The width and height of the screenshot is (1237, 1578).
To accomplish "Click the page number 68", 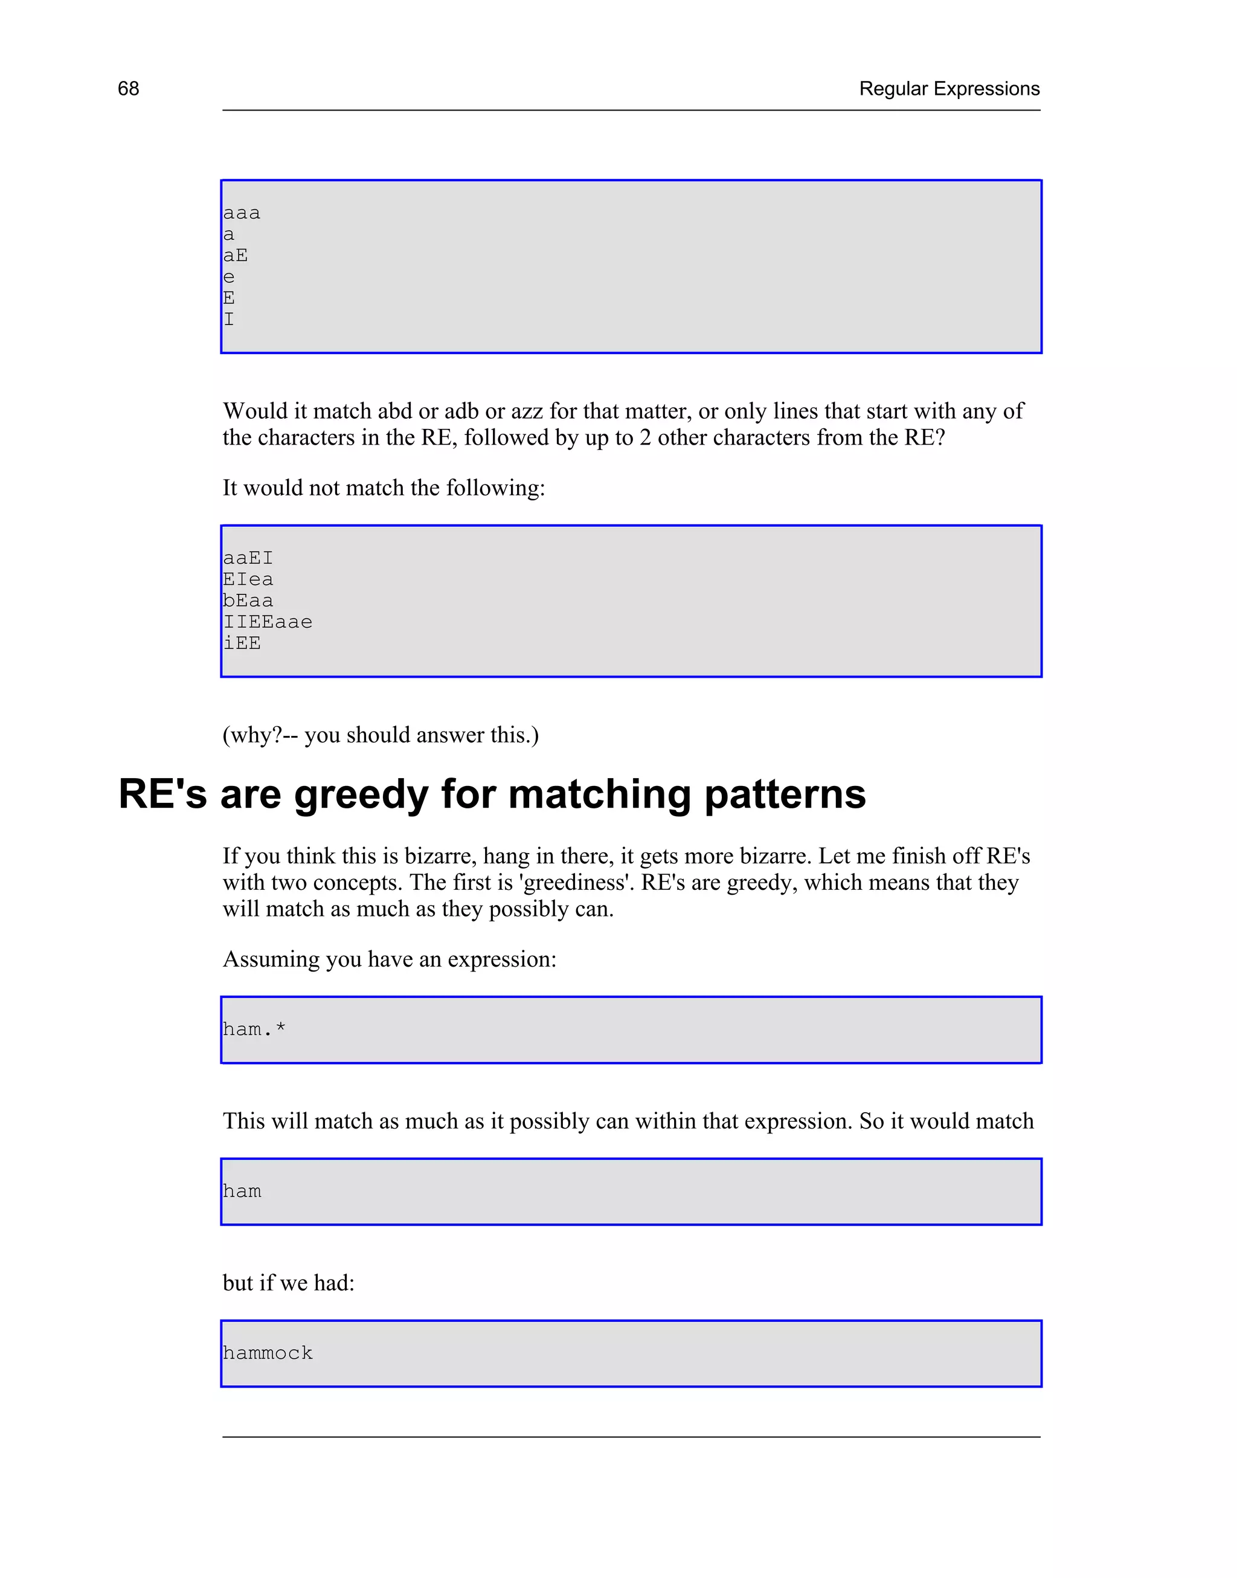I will (x=128, y=88).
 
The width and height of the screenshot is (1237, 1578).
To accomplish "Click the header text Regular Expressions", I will (x=949, y=88).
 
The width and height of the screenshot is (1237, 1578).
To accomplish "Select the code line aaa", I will (x=241, y=213).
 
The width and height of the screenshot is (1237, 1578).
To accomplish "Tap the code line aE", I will (x=236, y=256).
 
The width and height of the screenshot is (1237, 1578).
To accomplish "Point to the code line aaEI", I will (x=248, y=558).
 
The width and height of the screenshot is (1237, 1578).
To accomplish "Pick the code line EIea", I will (x=248, y=579).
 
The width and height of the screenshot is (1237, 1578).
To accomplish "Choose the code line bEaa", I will (x=248, y=601).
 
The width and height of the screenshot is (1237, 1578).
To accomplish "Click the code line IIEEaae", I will (x=267, y=622).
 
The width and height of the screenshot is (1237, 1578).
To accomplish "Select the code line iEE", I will (x=241, y=643).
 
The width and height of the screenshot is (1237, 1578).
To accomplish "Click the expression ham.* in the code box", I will (x=254, y=1029).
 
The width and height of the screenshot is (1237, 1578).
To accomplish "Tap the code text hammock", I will (x=267, y=1353).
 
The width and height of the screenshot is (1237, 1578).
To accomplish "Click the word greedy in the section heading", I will (x=361, y=794).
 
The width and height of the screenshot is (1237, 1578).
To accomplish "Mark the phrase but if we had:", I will (x=288, y=1283).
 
